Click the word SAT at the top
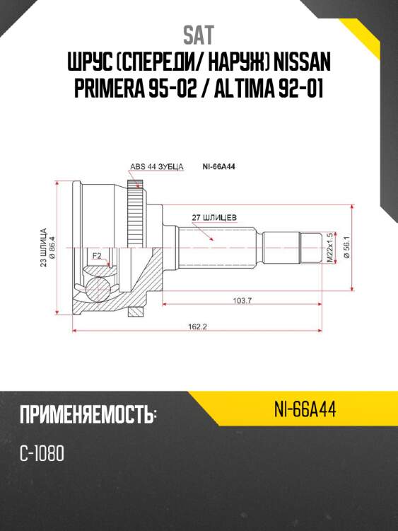click(x=199, y=35)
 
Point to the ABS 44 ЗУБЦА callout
click(x=156, y=167)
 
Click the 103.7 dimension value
click(x=242, y=301)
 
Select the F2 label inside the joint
click(x=97, y=255)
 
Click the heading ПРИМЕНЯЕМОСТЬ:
click(x=88, y=415)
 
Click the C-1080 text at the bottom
click(x=42, y=454)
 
